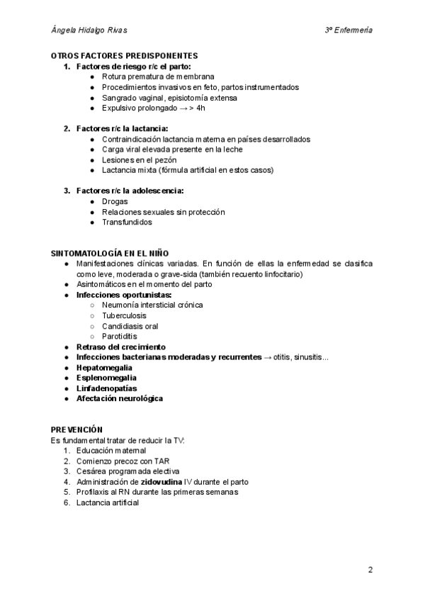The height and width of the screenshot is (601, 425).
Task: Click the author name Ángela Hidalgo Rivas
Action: [90, 30]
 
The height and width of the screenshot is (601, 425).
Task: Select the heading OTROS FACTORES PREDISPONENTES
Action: [124, 56]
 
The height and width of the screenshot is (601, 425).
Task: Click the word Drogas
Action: [115, 201]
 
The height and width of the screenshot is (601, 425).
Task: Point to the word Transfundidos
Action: [127, 222]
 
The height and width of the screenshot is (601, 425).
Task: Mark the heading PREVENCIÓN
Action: [76, 429]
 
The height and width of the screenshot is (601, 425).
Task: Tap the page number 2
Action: [370, 569]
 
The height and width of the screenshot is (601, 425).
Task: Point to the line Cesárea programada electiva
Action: [128, 471]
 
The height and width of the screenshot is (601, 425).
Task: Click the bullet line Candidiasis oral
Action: [130, 326]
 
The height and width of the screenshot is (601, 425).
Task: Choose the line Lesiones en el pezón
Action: [140, 160]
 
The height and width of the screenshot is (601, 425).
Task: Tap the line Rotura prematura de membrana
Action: [158, 77]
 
